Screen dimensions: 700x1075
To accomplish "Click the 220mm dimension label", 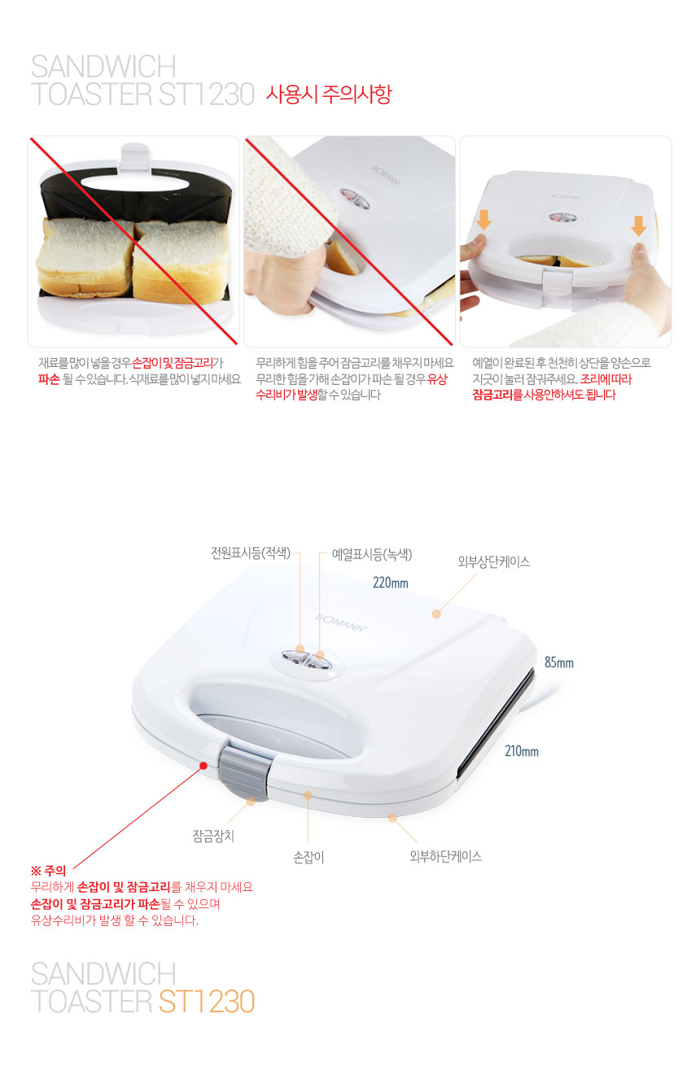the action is click(x=391, y=583).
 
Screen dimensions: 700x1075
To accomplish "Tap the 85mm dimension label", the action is click(x=559, y=662).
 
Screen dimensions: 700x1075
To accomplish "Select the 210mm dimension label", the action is click(x=522, y=751).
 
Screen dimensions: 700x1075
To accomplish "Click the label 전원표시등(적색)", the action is click(x=251, y=553).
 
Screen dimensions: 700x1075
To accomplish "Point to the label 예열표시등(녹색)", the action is click(x=372, y=555).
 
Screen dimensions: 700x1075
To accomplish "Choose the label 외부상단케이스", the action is click(x=493, y=562).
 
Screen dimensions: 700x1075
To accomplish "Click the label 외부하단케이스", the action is click(x=445, y=856).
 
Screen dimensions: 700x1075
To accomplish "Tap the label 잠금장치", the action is click(x=213, y=836).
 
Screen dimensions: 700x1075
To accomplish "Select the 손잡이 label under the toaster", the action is click(x=308, y=857).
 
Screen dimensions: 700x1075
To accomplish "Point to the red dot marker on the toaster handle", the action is click(x=203, y=766).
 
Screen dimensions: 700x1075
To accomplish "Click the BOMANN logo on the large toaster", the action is click(x=341, y=623).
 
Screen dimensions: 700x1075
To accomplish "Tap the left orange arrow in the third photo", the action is click(x=483, y=220).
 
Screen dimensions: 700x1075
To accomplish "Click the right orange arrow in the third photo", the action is click(x=638, y=226).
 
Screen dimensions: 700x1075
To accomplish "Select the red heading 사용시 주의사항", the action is click(x=329, y=94).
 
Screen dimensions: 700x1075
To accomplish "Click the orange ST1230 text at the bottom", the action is click(x=207, y=1001).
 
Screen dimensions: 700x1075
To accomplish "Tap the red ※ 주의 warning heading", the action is click(x=48, y=870).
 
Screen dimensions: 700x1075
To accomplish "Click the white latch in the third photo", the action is click(x=557, y=280).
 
